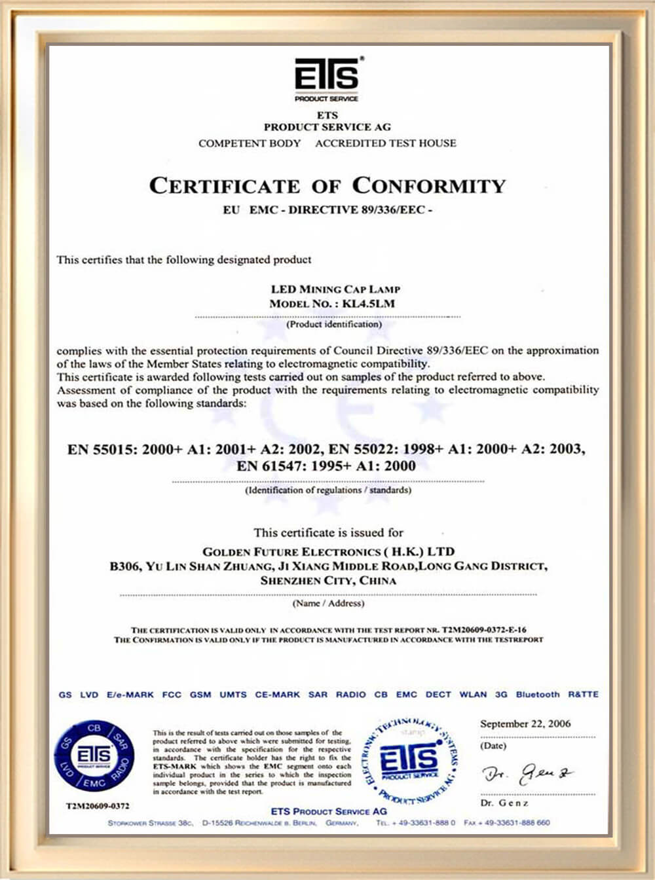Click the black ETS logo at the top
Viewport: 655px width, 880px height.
click(327, 77)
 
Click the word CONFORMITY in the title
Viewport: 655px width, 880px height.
click(429, 186)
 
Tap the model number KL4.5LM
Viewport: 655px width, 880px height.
click(369, 304)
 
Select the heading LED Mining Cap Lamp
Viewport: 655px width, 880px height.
click(335, 289)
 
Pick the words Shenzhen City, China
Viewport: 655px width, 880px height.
click(328, 581)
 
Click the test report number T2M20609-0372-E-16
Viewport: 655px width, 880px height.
click(484, 630)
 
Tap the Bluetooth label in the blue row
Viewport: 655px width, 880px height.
click(538, 695)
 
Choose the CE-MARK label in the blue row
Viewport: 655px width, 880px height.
click(277, 695)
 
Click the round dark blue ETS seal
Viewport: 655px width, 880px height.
click(94, 756)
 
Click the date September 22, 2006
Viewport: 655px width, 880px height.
click(525, 724)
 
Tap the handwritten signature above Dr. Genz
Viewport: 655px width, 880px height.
click(528, 775)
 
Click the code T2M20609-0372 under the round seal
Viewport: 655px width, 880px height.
click(98, 805)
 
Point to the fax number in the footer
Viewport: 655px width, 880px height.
click(507, 823)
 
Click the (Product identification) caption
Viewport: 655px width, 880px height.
click(334, 324)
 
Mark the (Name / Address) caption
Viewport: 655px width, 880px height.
click(328, 603)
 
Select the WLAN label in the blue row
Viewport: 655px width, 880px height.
click(473, 695)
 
